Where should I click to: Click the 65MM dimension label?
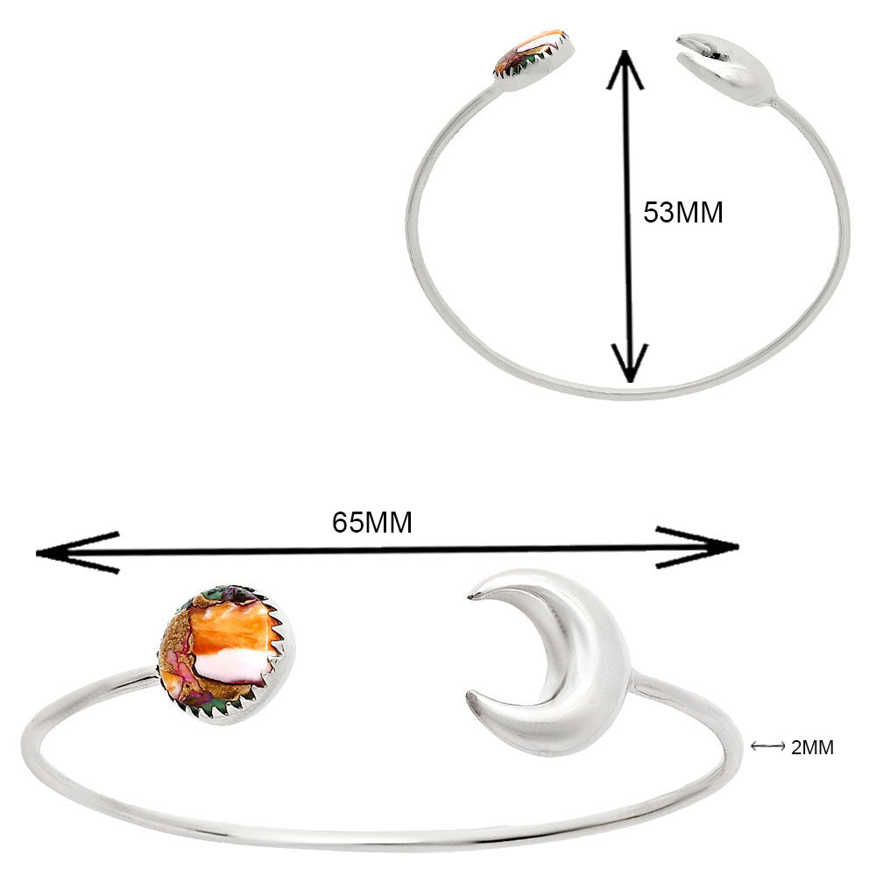[372, 523]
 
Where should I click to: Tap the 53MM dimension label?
[682, 212]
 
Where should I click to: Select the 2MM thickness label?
[812, 747]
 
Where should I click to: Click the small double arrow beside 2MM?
[767, 746]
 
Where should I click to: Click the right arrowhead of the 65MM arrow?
[697, 547]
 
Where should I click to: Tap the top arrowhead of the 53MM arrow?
[625, 69]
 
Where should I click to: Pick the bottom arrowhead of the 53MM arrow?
[630, 364]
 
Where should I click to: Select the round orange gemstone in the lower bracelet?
[226, 654]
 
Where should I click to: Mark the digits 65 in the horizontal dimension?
[344, 523]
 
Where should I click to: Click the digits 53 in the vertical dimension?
[655, 212]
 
